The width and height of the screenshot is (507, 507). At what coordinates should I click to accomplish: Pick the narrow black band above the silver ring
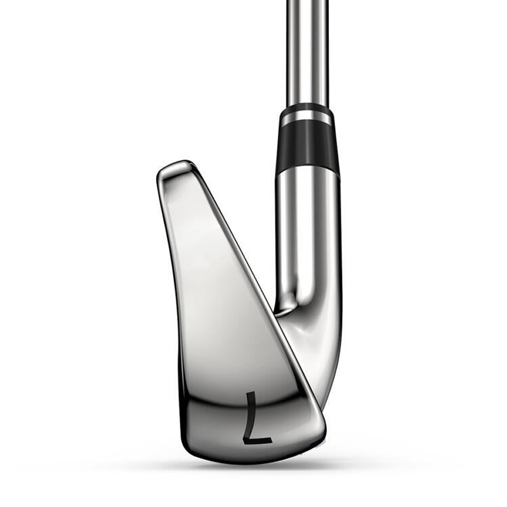click(x=305, y=108)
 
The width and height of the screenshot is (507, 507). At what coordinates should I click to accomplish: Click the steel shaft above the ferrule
click(x=307, y=52)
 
